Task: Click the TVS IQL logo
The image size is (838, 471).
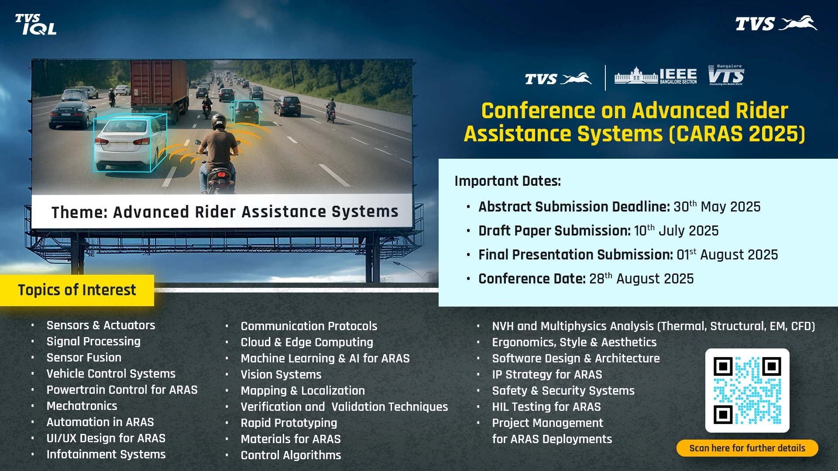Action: pos(36,24)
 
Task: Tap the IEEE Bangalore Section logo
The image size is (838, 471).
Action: pos(656,76)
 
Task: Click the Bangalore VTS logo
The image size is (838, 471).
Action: pos(726,75)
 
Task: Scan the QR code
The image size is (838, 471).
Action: pos(747,390)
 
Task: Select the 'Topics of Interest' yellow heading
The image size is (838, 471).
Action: pos(77,290)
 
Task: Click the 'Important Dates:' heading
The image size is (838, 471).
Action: pos(508,181)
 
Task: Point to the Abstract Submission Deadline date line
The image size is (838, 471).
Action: pos(619,206)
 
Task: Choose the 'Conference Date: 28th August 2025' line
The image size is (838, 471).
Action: pos(586,278)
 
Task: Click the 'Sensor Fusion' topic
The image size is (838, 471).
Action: pos(84,358)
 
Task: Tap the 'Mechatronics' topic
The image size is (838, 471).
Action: pos(82,406)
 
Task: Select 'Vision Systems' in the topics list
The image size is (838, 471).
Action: pos(281,375)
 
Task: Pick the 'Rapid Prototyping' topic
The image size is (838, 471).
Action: pos(289,423)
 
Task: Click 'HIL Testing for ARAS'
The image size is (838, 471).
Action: pos(546,407)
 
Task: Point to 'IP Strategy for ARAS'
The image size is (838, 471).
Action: pos(547,375)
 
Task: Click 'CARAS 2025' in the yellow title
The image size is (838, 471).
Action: pos(737,134)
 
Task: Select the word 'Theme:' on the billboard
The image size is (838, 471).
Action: pos(79,212)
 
